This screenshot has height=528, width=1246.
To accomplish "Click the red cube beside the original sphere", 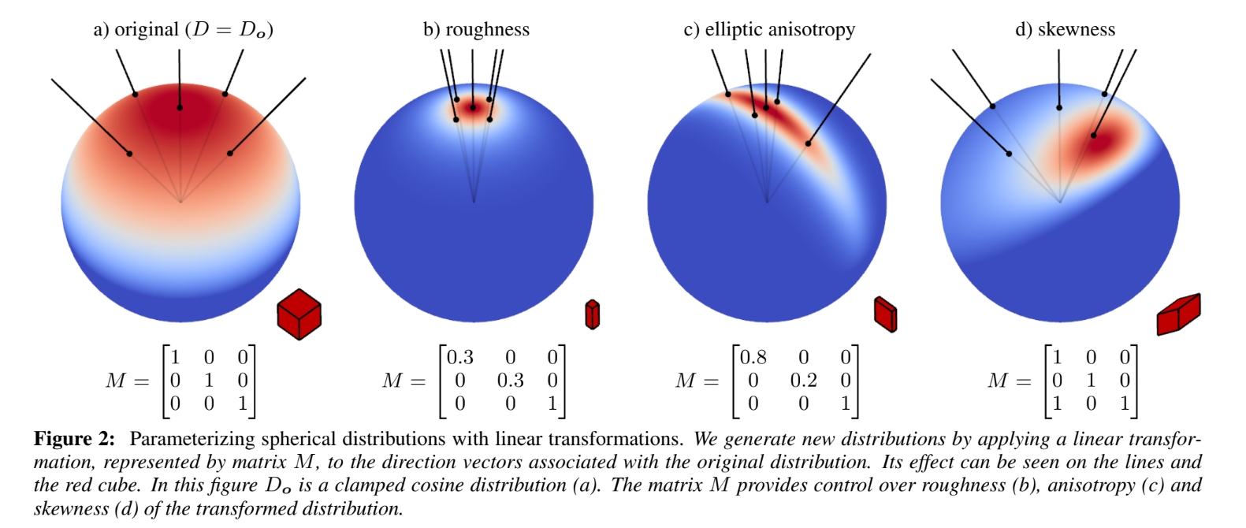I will pos(299,314).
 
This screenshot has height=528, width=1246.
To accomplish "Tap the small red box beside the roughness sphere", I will pos(592,314).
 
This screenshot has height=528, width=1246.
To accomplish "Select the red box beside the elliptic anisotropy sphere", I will pos(886,314).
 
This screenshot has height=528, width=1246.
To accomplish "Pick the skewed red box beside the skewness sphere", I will pos(1178,314).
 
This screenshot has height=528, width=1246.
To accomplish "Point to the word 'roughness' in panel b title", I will pos(487,30).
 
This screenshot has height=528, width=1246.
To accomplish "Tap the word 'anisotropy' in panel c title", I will pos(815,30).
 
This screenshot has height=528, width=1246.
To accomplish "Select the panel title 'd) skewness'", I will pos(1065,30).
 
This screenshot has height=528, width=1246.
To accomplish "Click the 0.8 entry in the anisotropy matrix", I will pos(753,358).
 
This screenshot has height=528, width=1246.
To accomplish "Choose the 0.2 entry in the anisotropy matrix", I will pos(803,381).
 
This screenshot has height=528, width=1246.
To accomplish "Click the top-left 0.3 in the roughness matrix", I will pos(459,358).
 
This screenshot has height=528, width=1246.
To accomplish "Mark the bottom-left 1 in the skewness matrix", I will pos(1057,403).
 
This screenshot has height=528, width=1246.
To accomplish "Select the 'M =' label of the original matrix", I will pos(127,381).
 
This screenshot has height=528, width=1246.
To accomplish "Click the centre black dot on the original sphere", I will pos(180,107).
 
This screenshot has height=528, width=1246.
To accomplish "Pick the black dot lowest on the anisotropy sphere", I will pos(808,143).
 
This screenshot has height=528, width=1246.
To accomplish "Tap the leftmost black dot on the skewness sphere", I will pos(1009,154).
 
